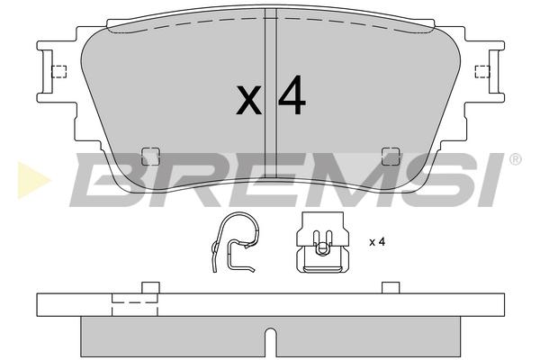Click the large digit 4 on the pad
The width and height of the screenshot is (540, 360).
[x=292, y=94]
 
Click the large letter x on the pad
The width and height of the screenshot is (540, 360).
[x=248, y=100]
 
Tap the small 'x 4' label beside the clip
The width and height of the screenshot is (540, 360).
[x=377, y=242]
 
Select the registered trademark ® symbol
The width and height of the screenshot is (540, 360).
[x=515, y=159]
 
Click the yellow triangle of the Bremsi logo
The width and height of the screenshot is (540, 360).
[x=32, y=180]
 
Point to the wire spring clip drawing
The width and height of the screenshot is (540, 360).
[x=234, y=242]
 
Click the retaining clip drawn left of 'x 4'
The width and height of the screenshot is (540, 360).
[x=323, y=242]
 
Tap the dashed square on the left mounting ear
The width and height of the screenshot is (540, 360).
[x=58, y=72]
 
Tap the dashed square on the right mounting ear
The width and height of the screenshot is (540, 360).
[x=482, y=72]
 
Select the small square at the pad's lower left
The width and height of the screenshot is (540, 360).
[x=151, y=156]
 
